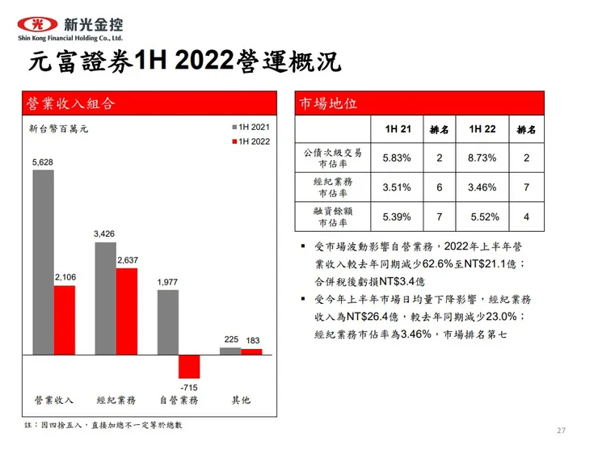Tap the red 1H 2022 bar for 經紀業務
[x=127, y=311]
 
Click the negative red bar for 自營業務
[x=189, y=366]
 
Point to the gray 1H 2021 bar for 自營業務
[x=168, y=322]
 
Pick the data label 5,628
[x=43, y=163]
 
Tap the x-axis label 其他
[x=241, y=400]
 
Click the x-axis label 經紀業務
[x=116, y=400]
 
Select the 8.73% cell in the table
[x=482, y=158]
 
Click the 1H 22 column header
[x=482, y=129]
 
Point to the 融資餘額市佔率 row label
[x=333, y=217]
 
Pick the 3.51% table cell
[x=397, y=187]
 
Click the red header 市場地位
[x=328, y=103]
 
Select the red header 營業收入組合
[x=71, y=103]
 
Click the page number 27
[x=562, y=429]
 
